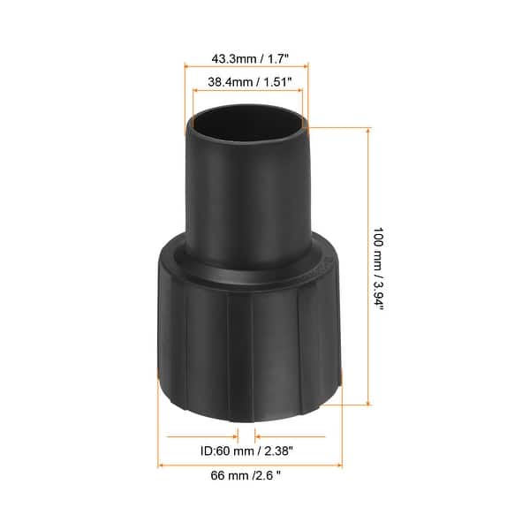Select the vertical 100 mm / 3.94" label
(377, 268)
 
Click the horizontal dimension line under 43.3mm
(246, 64)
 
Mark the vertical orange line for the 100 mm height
(366, 265)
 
